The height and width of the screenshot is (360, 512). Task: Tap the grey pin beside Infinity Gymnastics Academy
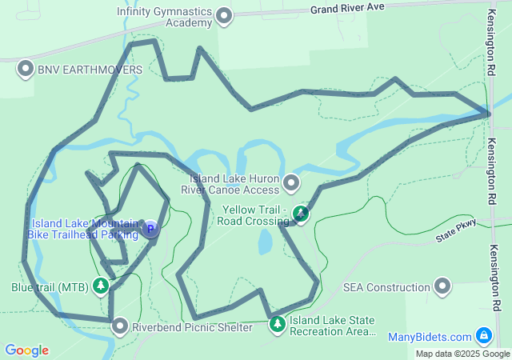225,16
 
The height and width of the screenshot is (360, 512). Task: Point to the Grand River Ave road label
348,8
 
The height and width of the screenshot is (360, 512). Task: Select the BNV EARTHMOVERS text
90,70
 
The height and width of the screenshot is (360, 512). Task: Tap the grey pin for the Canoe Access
291,184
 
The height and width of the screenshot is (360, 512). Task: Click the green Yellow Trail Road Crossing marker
300,214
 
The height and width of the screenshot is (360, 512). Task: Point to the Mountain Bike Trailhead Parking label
84,230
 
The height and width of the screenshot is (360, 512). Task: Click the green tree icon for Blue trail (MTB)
101,286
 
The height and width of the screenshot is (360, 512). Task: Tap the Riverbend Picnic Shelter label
192,327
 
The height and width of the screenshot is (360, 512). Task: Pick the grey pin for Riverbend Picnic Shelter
120,326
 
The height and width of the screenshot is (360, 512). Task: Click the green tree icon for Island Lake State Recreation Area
277,325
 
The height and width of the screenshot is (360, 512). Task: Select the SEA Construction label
386,287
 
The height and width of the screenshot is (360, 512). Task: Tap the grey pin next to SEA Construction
442,286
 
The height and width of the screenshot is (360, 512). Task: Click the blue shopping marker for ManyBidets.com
483,336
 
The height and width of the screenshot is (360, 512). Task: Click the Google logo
26,350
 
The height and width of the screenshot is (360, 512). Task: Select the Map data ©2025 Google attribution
462,354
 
